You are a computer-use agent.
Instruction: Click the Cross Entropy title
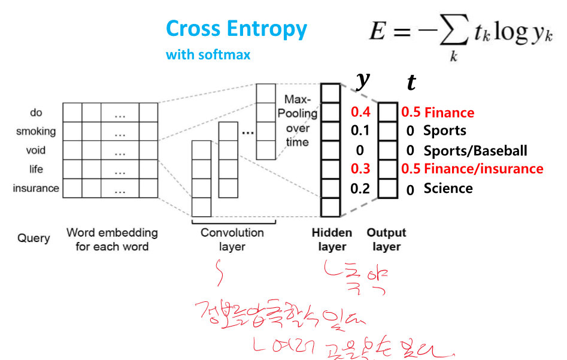coord(236,29)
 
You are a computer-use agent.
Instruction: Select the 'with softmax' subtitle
coord(208,55)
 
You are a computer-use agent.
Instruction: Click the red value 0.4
coord(360,112)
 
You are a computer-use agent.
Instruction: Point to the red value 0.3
coord(360,169)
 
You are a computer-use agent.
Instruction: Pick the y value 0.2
coord(360,189)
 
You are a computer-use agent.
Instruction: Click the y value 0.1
coord(360,131)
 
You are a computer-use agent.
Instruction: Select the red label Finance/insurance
coord(484,169)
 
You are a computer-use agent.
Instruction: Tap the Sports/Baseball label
coord(475,150)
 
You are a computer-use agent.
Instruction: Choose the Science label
coord(448,189)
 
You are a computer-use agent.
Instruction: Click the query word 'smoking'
coord(36,131)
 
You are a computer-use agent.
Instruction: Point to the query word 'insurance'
coord(36,189)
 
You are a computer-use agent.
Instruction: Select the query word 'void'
coord(36,150)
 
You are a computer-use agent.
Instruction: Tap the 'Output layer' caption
coord(386,240)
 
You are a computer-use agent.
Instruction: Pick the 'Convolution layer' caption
coord(232,240)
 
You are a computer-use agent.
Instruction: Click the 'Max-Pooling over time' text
coord(298,120)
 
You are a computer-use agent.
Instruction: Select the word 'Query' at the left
coord(34,238)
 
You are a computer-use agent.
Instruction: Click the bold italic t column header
coord(411,83)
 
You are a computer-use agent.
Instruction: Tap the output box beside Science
coord(388,189)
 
